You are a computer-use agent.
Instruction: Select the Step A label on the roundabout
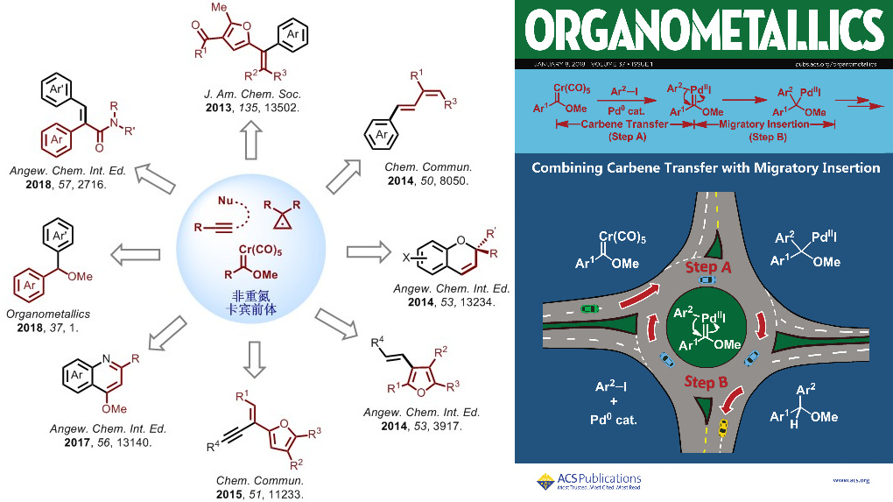point(701,266)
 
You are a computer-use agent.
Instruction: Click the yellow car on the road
point(723,428)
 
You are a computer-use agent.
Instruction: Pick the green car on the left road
point(591,308)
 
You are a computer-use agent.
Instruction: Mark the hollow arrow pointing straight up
point(252,140)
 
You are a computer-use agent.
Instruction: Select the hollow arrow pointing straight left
point(136,255)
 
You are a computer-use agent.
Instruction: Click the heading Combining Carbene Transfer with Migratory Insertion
point(705,167)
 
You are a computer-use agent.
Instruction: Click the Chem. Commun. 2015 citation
point(260,488)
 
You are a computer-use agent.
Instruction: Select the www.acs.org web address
point(851,480)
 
